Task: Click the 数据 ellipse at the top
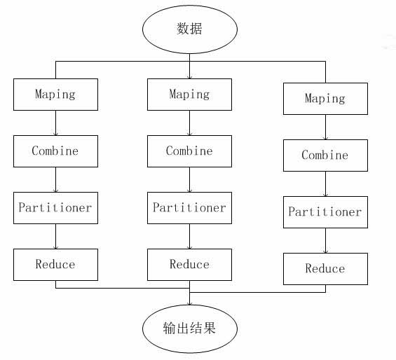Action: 190,29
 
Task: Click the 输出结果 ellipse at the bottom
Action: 190,328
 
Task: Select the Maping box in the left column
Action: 55,95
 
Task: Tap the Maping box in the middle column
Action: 189,95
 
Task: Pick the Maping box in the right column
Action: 325,99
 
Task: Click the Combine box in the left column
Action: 55,151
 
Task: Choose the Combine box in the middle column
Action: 189,151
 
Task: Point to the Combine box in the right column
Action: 325,155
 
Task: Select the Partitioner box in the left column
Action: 55,208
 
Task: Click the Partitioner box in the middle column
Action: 189,208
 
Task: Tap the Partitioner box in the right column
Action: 325,212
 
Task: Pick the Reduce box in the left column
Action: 55,265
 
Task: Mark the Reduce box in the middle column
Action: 189,265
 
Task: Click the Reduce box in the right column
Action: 325,269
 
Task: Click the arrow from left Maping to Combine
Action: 56,123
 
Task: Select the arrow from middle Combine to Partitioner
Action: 190,180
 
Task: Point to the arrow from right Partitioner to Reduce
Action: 325,241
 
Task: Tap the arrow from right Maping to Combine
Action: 325,127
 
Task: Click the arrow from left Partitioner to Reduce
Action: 56,236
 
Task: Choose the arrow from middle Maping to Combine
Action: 190,123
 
